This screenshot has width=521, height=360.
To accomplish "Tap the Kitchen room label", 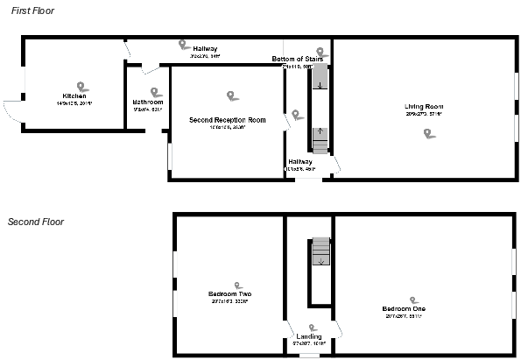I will (x=74, y=95).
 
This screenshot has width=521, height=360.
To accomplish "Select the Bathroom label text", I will (x=148, y=102).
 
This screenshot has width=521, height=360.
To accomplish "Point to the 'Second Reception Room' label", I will (x=227, y=119).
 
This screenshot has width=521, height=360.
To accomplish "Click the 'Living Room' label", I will (x=423, y=107).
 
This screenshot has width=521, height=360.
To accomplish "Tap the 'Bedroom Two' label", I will (x=229, y=293).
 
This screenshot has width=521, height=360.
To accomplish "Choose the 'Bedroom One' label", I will (x=404, y=309).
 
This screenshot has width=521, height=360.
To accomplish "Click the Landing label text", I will (x=308, y=336).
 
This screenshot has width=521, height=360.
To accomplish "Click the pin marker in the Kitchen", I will (x=81, y=86).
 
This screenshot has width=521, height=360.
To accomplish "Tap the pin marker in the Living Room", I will (x=427, y=133).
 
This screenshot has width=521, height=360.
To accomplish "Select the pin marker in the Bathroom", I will (x=156, y=91).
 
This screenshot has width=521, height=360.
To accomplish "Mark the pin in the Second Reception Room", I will (x=231, y=95).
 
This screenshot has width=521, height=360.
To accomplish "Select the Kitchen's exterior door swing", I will (x=12, y=111).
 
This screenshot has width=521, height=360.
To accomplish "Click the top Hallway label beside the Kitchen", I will (x=205, y=48).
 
